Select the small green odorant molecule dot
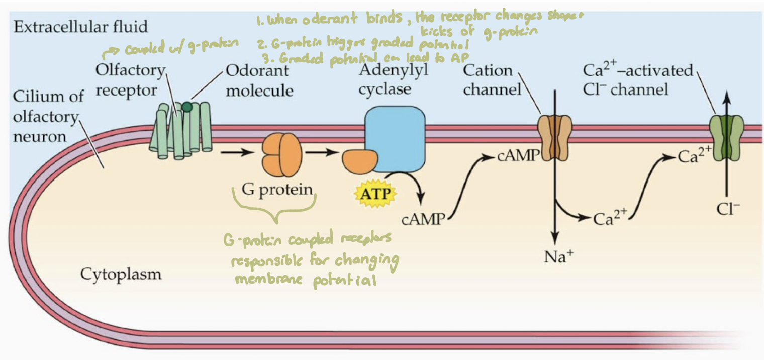point(187,107)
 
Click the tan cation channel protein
point(555,136)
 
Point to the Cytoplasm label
point(121,275)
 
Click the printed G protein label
point(277,190)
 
